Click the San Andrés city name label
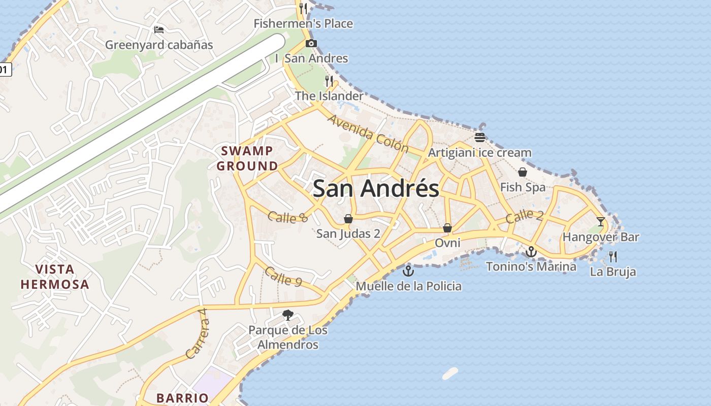pos(376,188)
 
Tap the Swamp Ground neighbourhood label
pos(247,158)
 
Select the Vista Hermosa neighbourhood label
pos(55,277)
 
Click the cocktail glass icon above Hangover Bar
pos(601,221)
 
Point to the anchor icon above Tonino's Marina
pos(531,251)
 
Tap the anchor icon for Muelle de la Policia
pos(408,271)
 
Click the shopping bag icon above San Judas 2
pos(348,219)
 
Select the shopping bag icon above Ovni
pos(447,228)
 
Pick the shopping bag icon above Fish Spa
pos(523,172)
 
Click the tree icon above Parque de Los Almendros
pos(288,315)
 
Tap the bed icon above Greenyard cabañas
pos(159,30)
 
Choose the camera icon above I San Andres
pos(311,44)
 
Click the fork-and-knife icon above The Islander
pos(329,81)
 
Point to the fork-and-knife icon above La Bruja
pos(613,256)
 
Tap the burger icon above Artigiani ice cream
pos(480,137)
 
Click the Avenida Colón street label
pos(368,133)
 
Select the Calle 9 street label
pos(285,277)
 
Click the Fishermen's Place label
pos(303,23)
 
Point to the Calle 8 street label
pos(288,217)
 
